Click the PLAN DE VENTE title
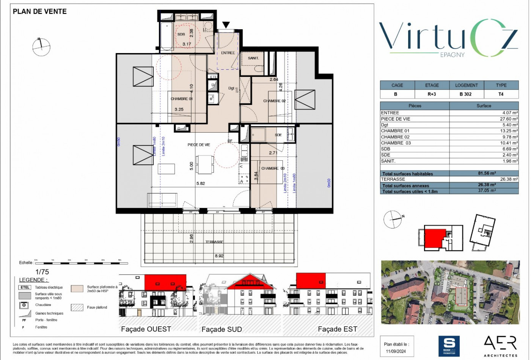tap(40, 11)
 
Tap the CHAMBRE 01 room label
tap(181, 99)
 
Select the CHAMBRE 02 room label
tap(274, 101)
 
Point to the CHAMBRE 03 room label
tap(273, 168)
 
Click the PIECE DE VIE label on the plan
tap(199, 145)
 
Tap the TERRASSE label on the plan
tap(214, 242)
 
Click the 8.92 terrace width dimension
tap(219, 256)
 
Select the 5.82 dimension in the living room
tap(201, 183)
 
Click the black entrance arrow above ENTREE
tap(226, 25)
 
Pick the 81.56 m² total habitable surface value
tap(487, 173)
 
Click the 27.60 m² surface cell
tap(509, 119)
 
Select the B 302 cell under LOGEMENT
tap(466, 94)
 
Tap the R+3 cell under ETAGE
tap(432, 94)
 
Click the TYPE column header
tap(501, 85)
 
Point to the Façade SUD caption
tap(222, 329)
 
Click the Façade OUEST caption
tap(146, 329)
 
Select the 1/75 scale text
tap(42, 272)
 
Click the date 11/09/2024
tap(396, 351)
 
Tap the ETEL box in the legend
tap(25, 287)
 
